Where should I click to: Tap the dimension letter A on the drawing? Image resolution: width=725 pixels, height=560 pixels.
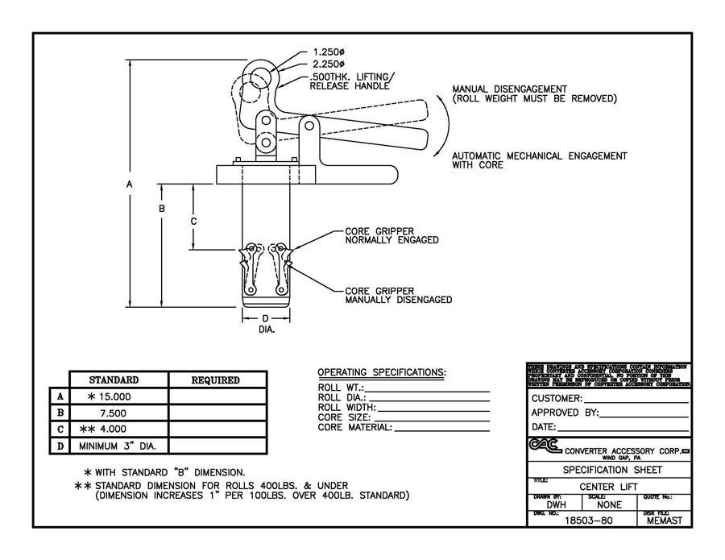pos(130,185)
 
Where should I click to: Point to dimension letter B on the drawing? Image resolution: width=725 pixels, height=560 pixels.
pos(162,208)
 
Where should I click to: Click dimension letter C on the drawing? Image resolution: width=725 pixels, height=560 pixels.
pos(193,219)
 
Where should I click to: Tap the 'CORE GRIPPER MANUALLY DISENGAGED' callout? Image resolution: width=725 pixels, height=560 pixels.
pos(398,295)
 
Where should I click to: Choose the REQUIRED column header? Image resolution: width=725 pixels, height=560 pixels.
pos(215,380)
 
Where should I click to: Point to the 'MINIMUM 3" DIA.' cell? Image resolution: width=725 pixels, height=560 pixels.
pos(118,445)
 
